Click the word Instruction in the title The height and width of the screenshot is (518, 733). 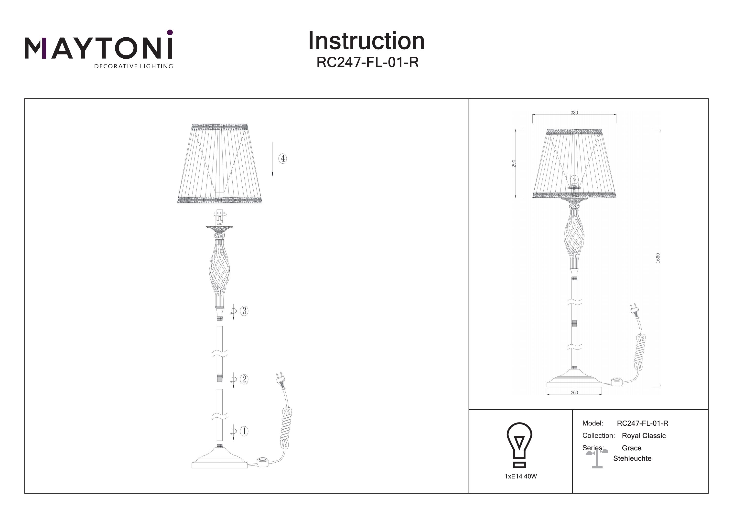[366, 41]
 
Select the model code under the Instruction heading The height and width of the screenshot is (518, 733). [367, 62]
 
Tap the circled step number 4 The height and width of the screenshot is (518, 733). [282, 158]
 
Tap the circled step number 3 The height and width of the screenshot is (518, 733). [244, 311]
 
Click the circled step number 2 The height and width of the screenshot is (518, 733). [244, 379]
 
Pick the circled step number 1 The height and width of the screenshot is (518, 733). [244, 431]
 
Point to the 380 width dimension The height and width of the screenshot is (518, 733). [574, 113]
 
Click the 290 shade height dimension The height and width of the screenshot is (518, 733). [514, 163]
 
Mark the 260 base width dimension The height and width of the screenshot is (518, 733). [574, 392]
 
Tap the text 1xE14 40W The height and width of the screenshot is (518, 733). [521, 476]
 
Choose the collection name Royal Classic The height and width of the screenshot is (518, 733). [644, 436]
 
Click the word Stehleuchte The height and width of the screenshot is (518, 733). [632, 458]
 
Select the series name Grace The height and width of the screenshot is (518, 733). [631, 448]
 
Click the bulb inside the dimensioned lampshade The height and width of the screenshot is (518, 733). [575, 180]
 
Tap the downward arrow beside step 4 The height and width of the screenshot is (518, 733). [272, 159]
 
